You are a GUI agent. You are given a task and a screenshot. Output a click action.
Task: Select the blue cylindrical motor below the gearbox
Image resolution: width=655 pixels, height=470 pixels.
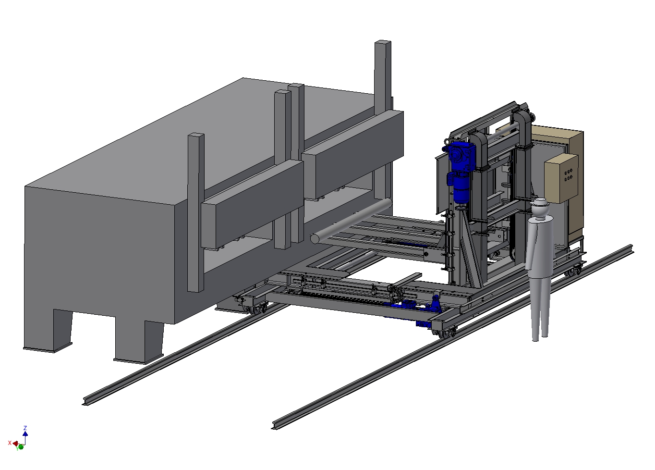pos(460,189)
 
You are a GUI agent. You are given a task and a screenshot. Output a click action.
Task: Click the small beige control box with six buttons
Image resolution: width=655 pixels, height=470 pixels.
pos(561,178)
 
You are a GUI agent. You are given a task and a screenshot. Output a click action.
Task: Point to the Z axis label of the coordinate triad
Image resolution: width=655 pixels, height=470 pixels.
pos(25,428)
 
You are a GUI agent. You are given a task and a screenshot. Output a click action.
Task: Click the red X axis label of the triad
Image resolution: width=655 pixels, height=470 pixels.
pos(10,443)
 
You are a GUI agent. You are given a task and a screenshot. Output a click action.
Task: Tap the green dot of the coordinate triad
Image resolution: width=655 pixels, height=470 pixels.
pos(21,447)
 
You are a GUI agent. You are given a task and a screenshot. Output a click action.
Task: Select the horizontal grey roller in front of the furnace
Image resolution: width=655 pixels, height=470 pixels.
pos(351,221)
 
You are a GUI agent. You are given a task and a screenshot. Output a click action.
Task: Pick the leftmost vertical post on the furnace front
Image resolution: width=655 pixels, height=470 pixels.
pos(195,212)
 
